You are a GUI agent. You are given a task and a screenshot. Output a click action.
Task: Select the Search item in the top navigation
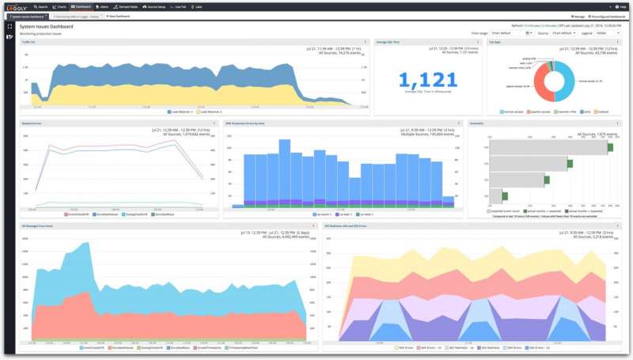(41, 6)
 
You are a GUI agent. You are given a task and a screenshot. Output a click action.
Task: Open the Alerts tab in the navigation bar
(103, 6)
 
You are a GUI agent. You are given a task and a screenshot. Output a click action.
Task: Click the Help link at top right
(620, 6)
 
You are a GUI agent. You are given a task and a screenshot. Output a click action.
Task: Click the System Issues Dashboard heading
(47, 26)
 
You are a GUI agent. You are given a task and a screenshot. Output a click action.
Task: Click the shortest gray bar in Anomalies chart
(495, 195)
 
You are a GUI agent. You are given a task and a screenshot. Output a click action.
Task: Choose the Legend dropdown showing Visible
(608, 33)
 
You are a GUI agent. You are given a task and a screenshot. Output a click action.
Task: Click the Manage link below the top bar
(578, 16)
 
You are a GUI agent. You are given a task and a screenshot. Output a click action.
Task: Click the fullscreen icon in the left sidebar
(9, 26)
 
